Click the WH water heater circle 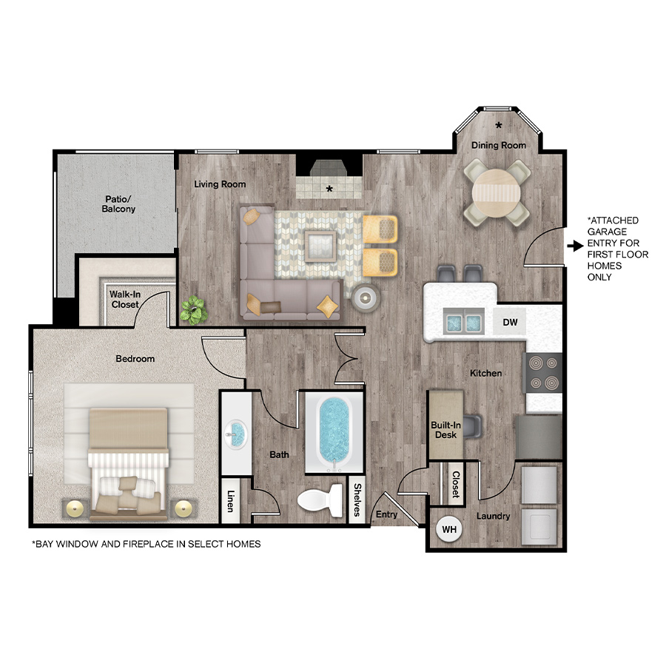pos(449,529)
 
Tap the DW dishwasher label pos(510,323)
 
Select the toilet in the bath pos(320,500)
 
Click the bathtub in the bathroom pos(334,432)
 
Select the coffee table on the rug pos(320,246)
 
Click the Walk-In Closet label pos(125,300)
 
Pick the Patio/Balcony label pos(118,204)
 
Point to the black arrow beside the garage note pos(576,246)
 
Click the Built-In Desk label pos(445,430)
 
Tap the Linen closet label pos(231,501)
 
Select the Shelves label pos(357,500)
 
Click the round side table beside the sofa pos(365,298)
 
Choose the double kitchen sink pos(463,322)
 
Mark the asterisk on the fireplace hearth pos(329,189)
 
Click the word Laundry pos(493,516)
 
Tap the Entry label pos(386,514)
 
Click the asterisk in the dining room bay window pos(499,125)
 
